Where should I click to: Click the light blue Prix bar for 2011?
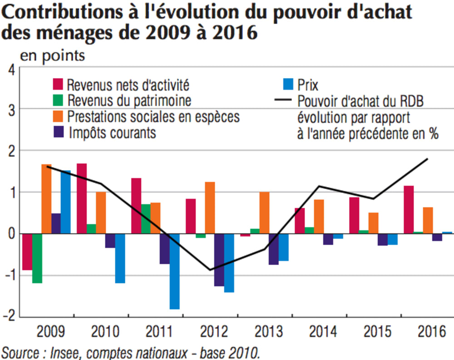click(174, 271)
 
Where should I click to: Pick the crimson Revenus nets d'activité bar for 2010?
click(82, 198)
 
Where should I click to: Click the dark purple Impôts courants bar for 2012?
click(219, 260)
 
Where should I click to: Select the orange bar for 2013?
click(264, 212)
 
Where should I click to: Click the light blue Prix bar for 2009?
click(65, 202)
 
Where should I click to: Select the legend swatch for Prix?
click(288, 84)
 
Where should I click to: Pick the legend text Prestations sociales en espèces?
click(153, 117)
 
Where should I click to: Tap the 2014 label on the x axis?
click(323, 332)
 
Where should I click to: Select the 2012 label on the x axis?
click(213, 332)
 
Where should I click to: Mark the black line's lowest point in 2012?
click(210, 270)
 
